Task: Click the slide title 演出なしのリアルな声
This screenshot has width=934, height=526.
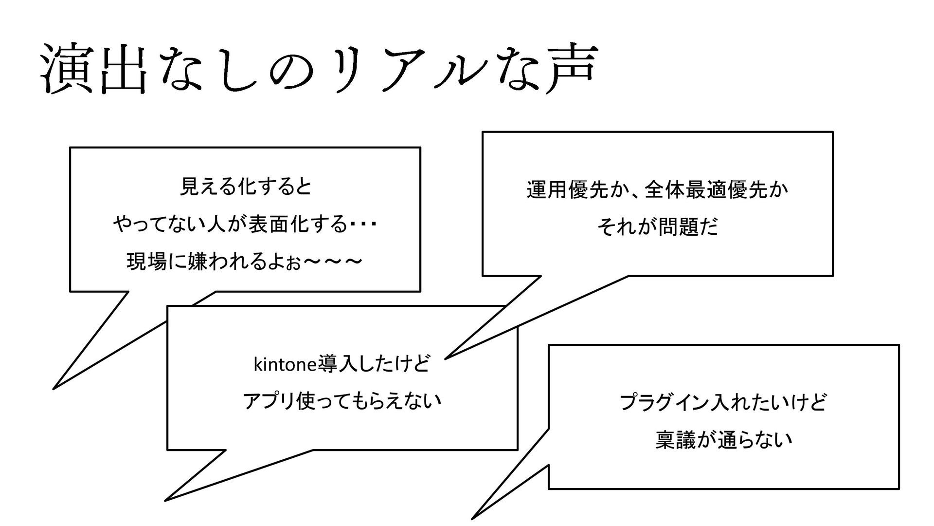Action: [x=319, y=69]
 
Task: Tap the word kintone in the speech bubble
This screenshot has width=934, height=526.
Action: [x=284, y=364]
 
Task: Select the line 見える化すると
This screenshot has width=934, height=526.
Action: [x=246, y=187]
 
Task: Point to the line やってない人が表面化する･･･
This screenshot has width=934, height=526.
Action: [x=246, y=225]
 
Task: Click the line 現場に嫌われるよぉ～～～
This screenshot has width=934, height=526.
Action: [x=245, y=263]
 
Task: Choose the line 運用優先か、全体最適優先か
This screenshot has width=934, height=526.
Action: [x=657, y=189]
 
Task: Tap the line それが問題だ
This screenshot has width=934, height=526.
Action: [x=657, y=227]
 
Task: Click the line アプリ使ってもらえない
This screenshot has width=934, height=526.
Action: [x=342, y=401]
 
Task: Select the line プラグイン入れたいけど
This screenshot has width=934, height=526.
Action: [x=723, y=403]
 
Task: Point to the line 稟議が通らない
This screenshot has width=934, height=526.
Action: [x=723, y=440]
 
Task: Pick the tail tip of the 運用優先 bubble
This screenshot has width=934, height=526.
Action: [x=446, y=358]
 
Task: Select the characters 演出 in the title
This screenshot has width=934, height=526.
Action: [x=95, y=69]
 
